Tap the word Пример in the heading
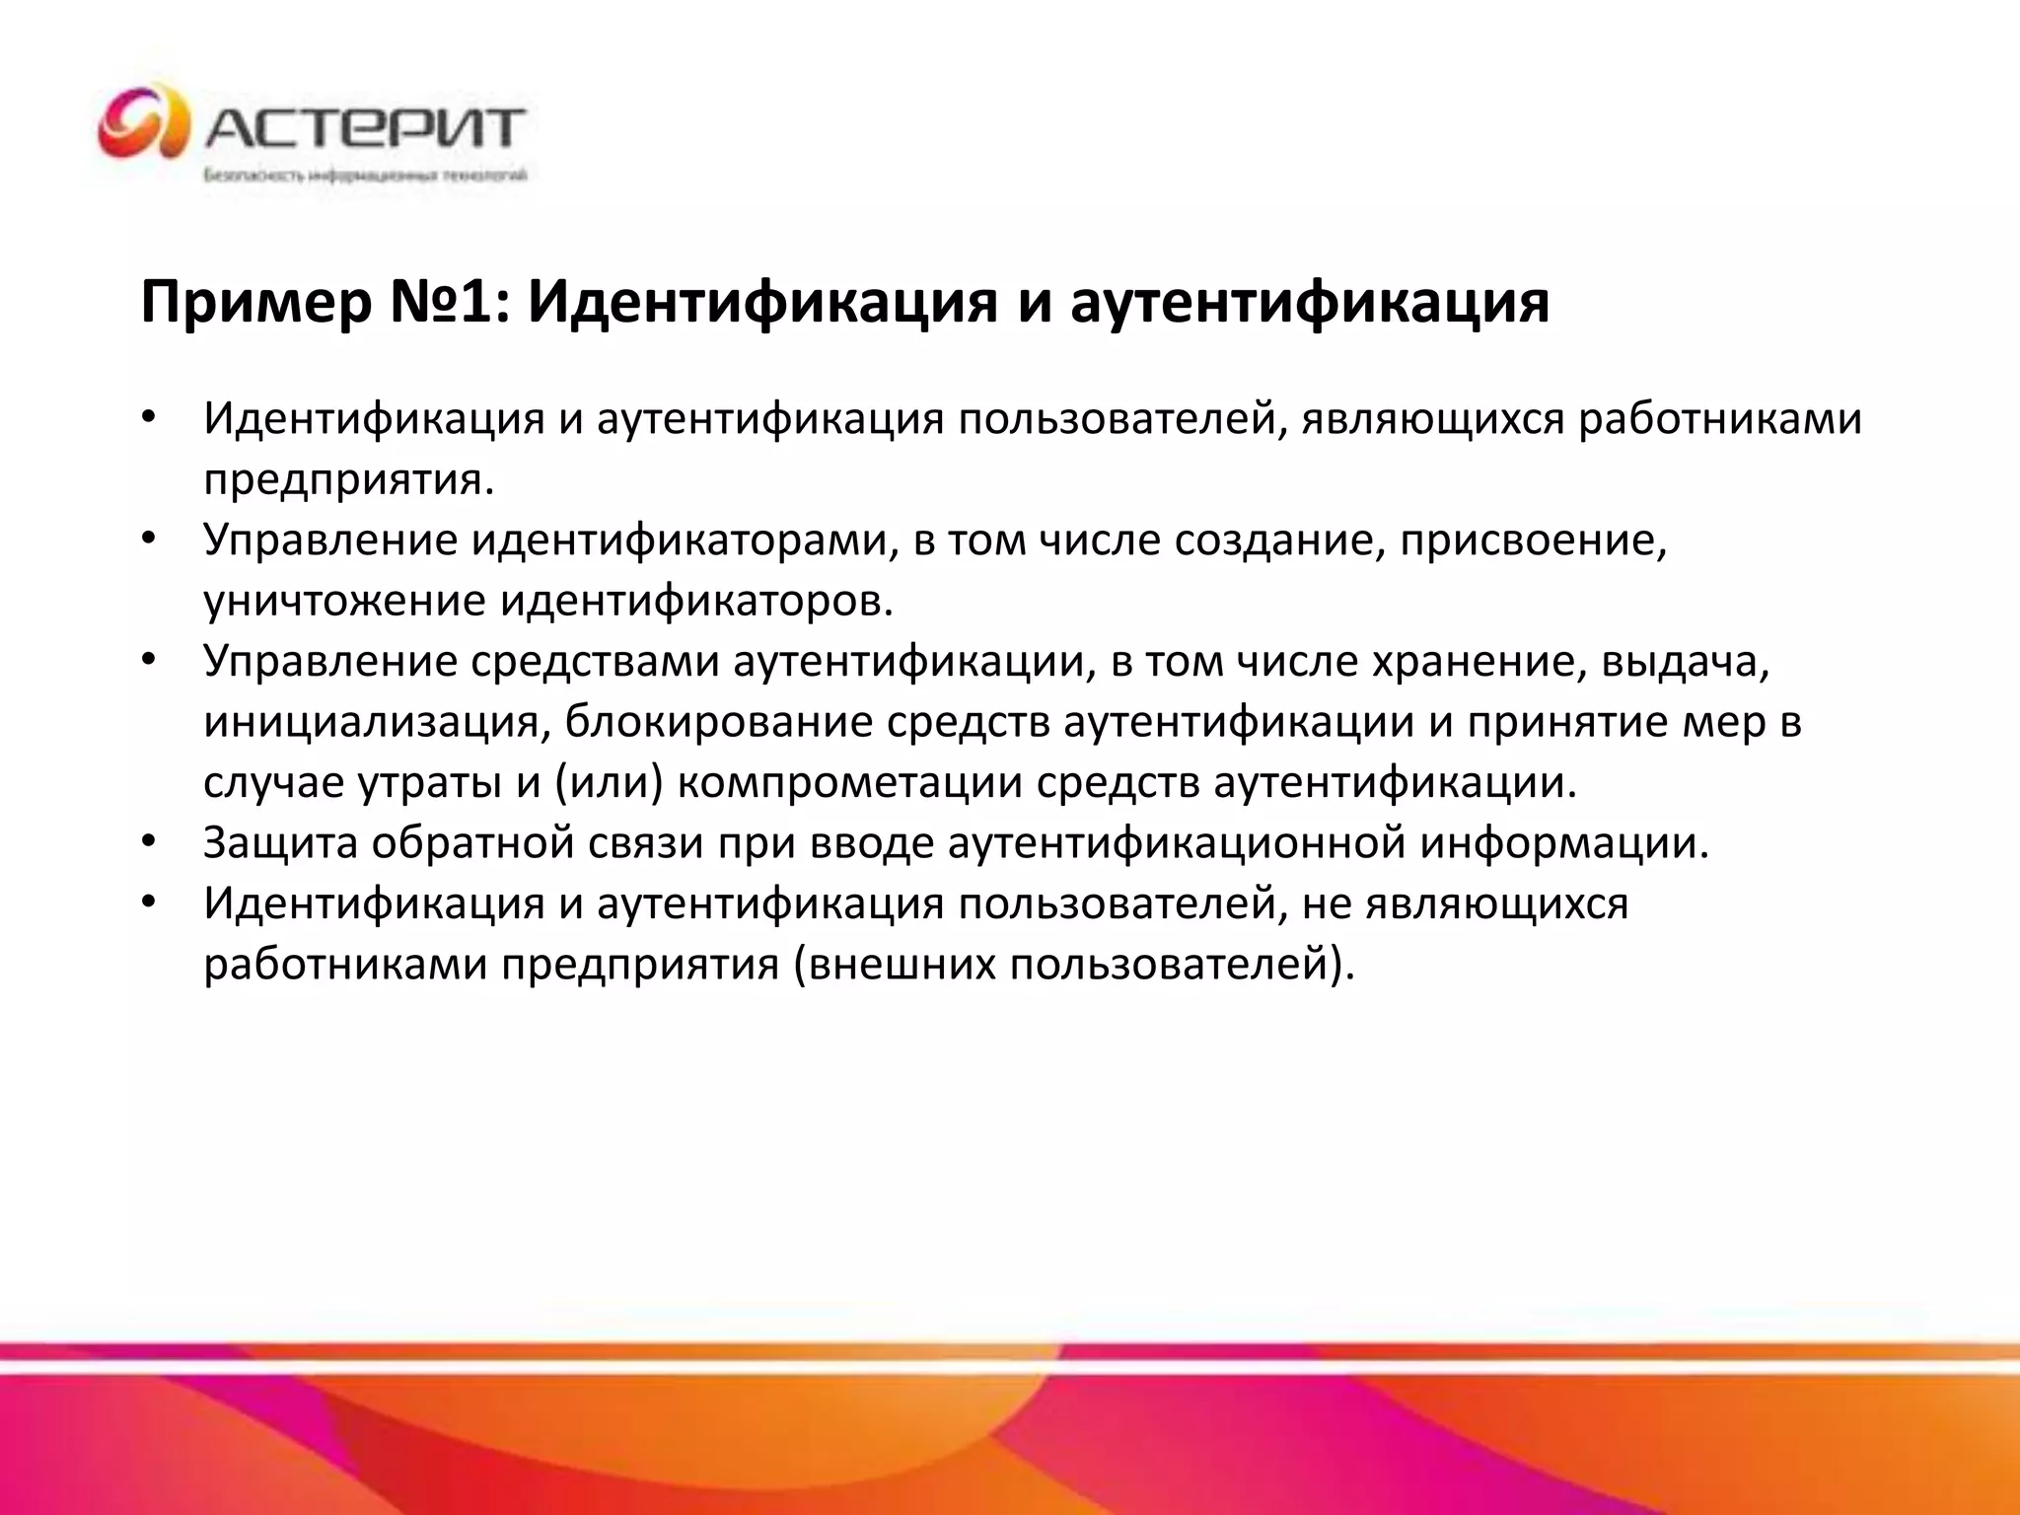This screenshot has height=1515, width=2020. pyautogui.click(x=255, y=303)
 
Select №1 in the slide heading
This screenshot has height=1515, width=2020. pyautogui.click(x=450, y=301)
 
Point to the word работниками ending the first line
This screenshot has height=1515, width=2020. pyautogui.click(x=1720, y=419)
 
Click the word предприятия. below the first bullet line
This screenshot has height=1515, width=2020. pyautogui.click(x=348, y=480)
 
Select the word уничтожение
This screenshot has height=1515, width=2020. pyautogui.click(x=344, y=602)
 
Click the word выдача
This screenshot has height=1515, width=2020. pyautogui.click(x=1686, y=662)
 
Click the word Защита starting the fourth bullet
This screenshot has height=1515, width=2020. pyautogui.click(x=280, y=843)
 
